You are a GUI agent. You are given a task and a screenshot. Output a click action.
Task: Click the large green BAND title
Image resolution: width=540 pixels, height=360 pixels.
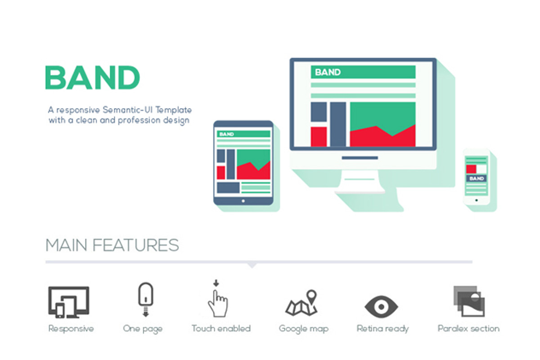92,78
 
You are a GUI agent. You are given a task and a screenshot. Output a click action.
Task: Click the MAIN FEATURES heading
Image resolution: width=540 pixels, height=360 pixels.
112,246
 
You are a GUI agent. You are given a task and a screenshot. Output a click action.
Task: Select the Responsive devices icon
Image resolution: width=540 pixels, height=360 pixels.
68,302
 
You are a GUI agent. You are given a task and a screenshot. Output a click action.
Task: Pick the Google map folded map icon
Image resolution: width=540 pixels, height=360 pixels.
301,303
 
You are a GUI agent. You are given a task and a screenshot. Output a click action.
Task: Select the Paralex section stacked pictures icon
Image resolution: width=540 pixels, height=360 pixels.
469,301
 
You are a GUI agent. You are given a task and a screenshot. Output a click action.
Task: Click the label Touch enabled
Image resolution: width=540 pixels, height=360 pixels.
221,328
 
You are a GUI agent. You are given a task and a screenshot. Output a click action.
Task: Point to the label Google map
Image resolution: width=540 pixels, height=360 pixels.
303,328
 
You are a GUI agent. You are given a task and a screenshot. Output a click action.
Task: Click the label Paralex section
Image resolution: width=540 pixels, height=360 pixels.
468,328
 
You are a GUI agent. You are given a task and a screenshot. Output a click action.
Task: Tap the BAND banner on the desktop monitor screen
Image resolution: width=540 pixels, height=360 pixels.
363,72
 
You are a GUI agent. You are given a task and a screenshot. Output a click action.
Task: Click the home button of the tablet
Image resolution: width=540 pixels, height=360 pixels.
243,201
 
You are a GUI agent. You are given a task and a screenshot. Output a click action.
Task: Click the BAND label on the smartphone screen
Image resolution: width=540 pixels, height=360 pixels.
476,179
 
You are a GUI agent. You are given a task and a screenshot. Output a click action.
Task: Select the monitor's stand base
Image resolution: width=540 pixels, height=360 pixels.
360,190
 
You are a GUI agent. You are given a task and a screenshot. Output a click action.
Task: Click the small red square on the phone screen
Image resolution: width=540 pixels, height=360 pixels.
471,169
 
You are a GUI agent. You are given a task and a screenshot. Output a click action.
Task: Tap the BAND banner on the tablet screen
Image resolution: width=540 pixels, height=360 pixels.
243,134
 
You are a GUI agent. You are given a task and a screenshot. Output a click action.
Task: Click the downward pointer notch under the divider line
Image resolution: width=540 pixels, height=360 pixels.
252,265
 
